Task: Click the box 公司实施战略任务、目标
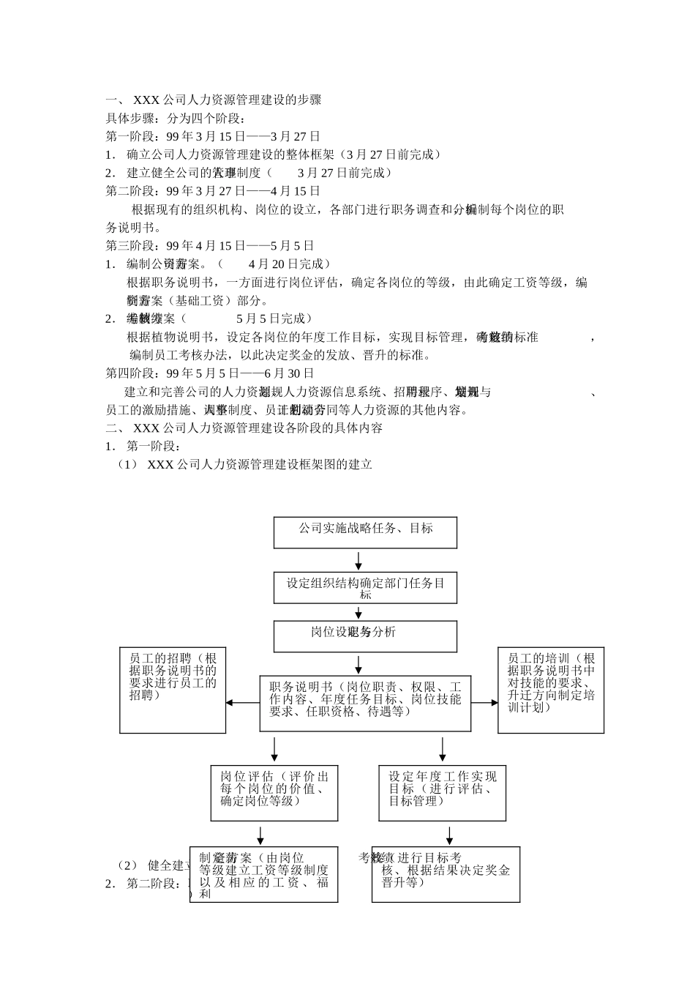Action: coord(365,532)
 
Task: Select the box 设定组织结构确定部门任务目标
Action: coord(365,588)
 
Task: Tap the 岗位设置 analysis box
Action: coord(365,636)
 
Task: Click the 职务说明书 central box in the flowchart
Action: coord(365,703)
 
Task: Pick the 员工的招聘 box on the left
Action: coord(173,690)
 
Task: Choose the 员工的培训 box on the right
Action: coord(551,690)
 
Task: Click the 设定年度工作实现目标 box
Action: coord(443,793)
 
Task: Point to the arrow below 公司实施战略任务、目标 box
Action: coord(359,561)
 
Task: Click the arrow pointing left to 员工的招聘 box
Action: coord(242,703)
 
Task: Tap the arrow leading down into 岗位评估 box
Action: coord(274,749)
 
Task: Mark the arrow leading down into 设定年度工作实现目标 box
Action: coord(443,749)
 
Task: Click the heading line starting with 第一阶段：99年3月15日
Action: coord(214,136)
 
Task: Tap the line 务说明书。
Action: coord(134,227)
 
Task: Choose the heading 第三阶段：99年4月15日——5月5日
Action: coord(210,245)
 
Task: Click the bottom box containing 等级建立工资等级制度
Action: coord(264,874)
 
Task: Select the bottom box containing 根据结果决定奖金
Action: coord(446,874)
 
